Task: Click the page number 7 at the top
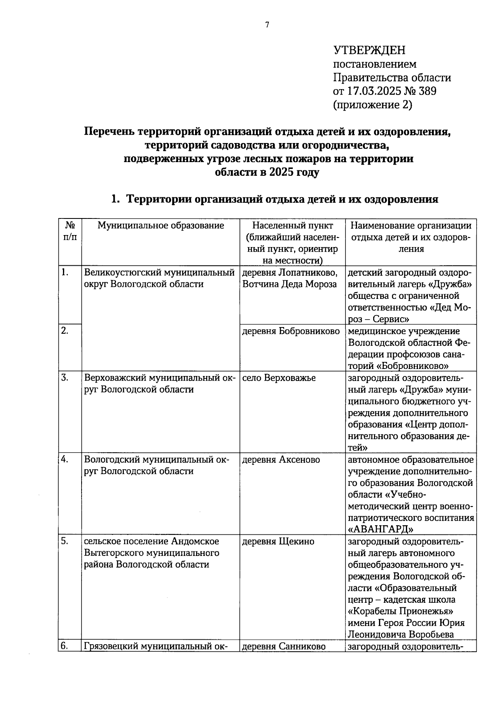pos(267,25)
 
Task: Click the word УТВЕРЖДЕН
pos(369,51)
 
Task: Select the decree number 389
pos(427,91)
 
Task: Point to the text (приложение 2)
pos(373,105)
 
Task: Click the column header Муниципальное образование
pos(161,226)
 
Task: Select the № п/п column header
pos(70,231)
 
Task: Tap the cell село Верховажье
pos(279,378)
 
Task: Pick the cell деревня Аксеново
pos(281,460)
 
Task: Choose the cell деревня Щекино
pos(278,541)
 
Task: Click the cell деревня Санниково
pos(284,646)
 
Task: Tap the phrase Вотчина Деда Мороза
pos(290,284)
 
